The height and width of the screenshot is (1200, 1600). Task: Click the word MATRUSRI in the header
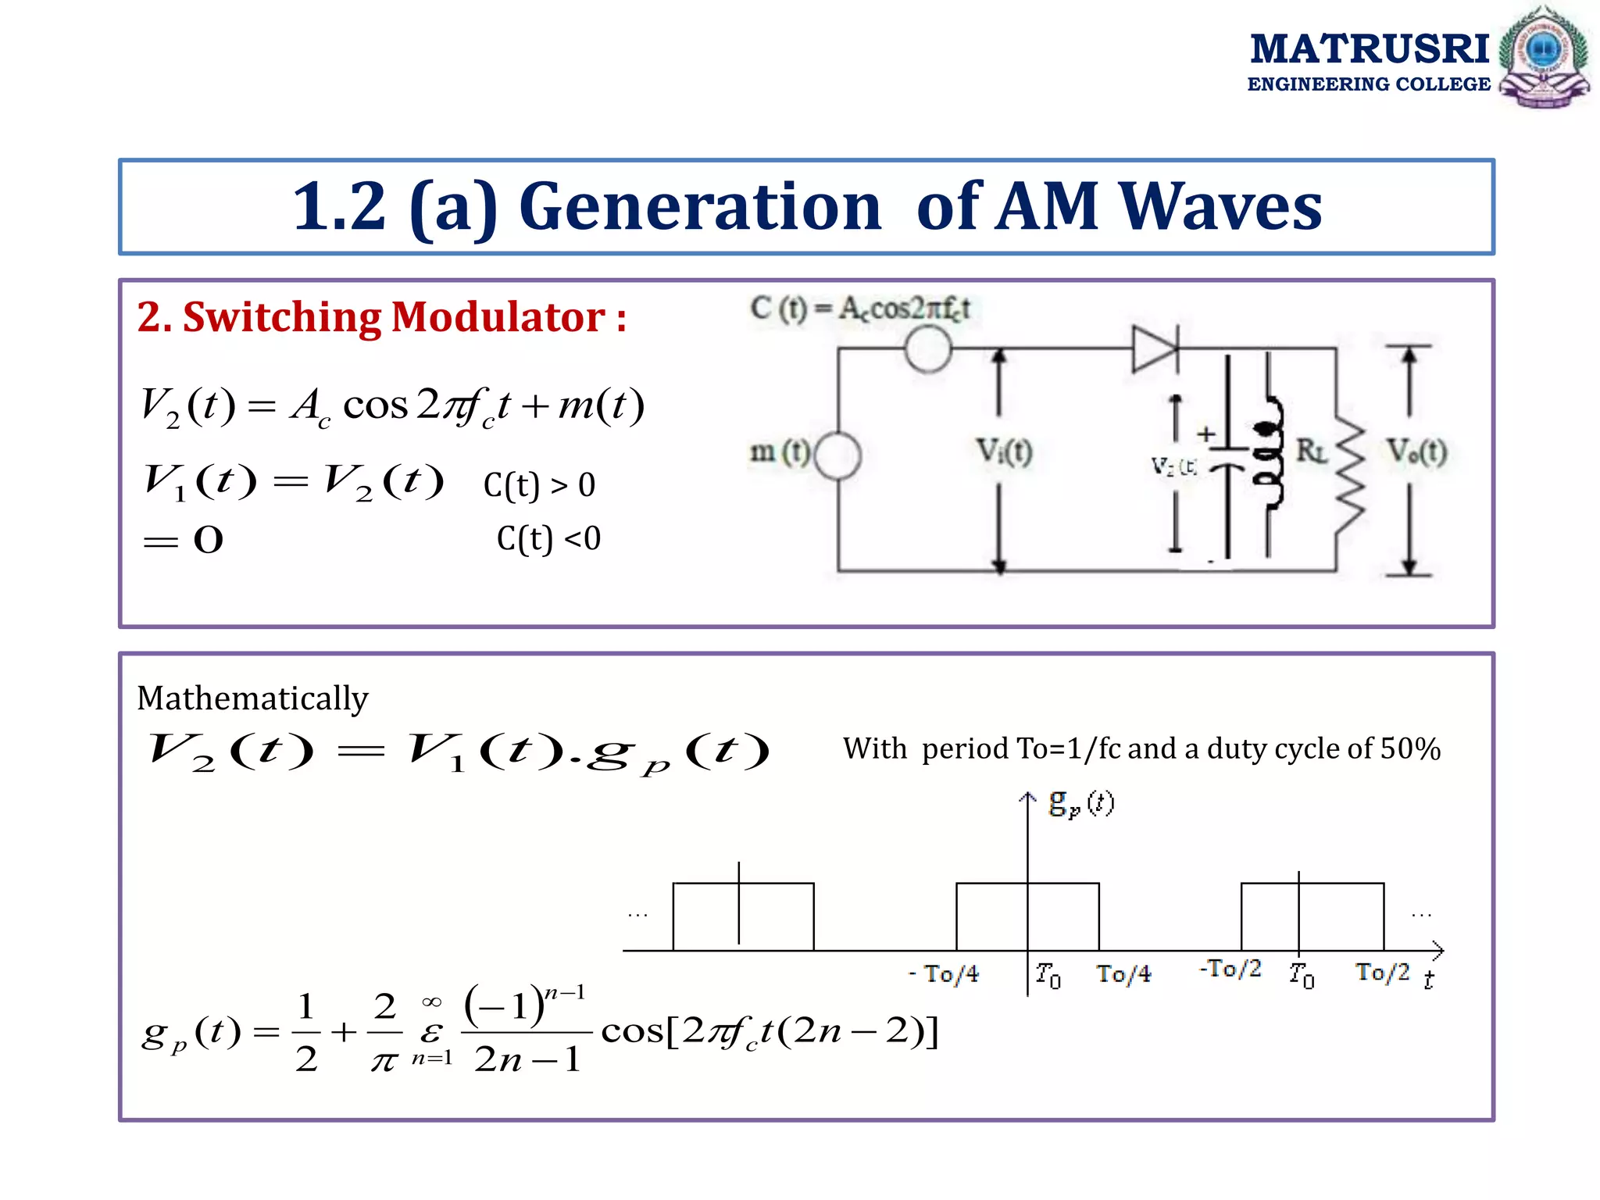1370,48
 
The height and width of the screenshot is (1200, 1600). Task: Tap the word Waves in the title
1220,206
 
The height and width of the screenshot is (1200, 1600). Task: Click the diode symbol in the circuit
1155,348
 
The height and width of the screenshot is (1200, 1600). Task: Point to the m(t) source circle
837,455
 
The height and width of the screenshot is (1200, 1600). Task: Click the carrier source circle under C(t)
927,349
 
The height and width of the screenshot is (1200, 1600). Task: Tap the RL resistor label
1312,451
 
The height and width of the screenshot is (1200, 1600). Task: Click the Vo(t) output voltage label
1416,452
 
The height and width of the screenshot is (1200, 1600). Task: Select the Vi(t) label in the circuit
1005,452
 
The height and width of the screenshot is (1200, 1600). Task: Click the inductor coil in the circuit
1270,453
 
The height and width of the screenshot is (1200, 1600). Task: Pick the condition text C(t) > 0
539,485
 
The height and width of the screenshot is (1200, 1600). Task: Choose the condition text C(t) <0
548,538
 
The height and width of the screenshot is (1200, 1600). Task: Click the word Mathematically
252,698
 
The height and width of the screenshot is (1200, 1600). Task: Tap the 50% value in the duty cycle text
1410,748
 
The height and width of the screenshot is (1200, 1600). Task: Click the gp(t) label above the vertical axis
1081,803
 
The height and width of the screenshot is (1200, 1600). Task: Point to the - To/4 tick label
945,973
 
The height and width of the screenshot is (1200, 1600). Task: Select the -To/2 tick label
1230,969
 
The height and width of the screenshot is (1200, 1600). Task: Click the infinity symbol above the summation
431,1002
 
